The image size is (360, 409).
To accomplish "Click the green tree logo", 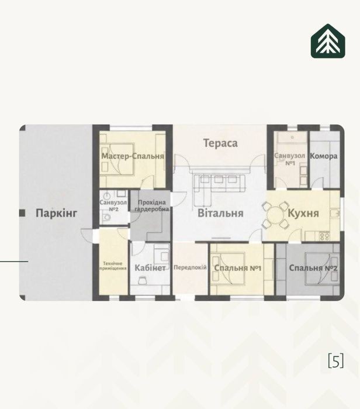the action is point(328,41).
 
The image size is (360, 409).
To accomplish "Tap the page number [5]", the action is point(336,360).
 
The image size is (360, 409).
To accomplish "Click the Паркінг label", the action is point(56,214).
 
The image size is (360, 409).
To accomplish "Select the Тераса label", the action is point(220,143).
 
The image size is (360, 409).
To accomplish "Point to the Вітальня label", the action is point(220,213).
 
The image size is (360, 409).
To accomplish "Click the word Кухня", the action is point(303,213).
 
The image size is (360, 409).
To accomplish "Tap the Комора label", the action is point(324,156).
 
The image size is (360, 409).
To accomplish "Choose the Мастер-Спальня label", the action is point(133,156).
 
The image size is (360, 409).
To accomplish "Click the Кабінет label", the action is point(150,268).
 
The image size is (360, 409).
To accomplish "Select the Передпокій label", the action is point(190,267).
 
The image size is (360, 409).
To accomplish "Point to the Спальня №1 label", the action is point(238,268).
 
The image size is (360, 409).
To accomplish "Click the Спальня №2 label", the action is point(313,268).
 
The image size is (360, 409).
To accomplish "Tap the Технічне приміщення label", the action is point(113,266).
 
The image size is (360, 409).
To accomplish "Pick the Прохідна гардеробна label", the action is point(151,205).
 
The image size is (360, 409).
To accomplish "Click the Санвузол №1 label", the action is point(290,159).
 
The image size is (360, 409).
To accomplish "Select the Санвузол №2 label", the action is point(113,205).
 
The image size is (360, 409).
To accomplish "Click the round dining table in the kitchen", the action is point(275,215).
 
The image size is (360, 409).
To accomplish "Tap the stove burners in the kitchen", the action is point(324,236).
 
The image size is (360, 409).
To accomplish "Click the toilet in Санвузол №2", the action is point(106,217).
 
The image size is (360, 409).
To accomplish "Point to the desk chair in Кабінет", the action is point(142,280).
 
